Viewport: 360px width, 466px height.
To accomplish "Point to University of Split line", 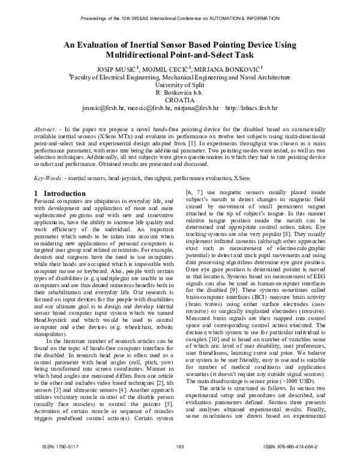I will tap(180, 85).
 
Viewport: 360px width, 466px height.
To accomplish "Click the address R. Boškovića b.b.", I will tap(180, 93).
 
